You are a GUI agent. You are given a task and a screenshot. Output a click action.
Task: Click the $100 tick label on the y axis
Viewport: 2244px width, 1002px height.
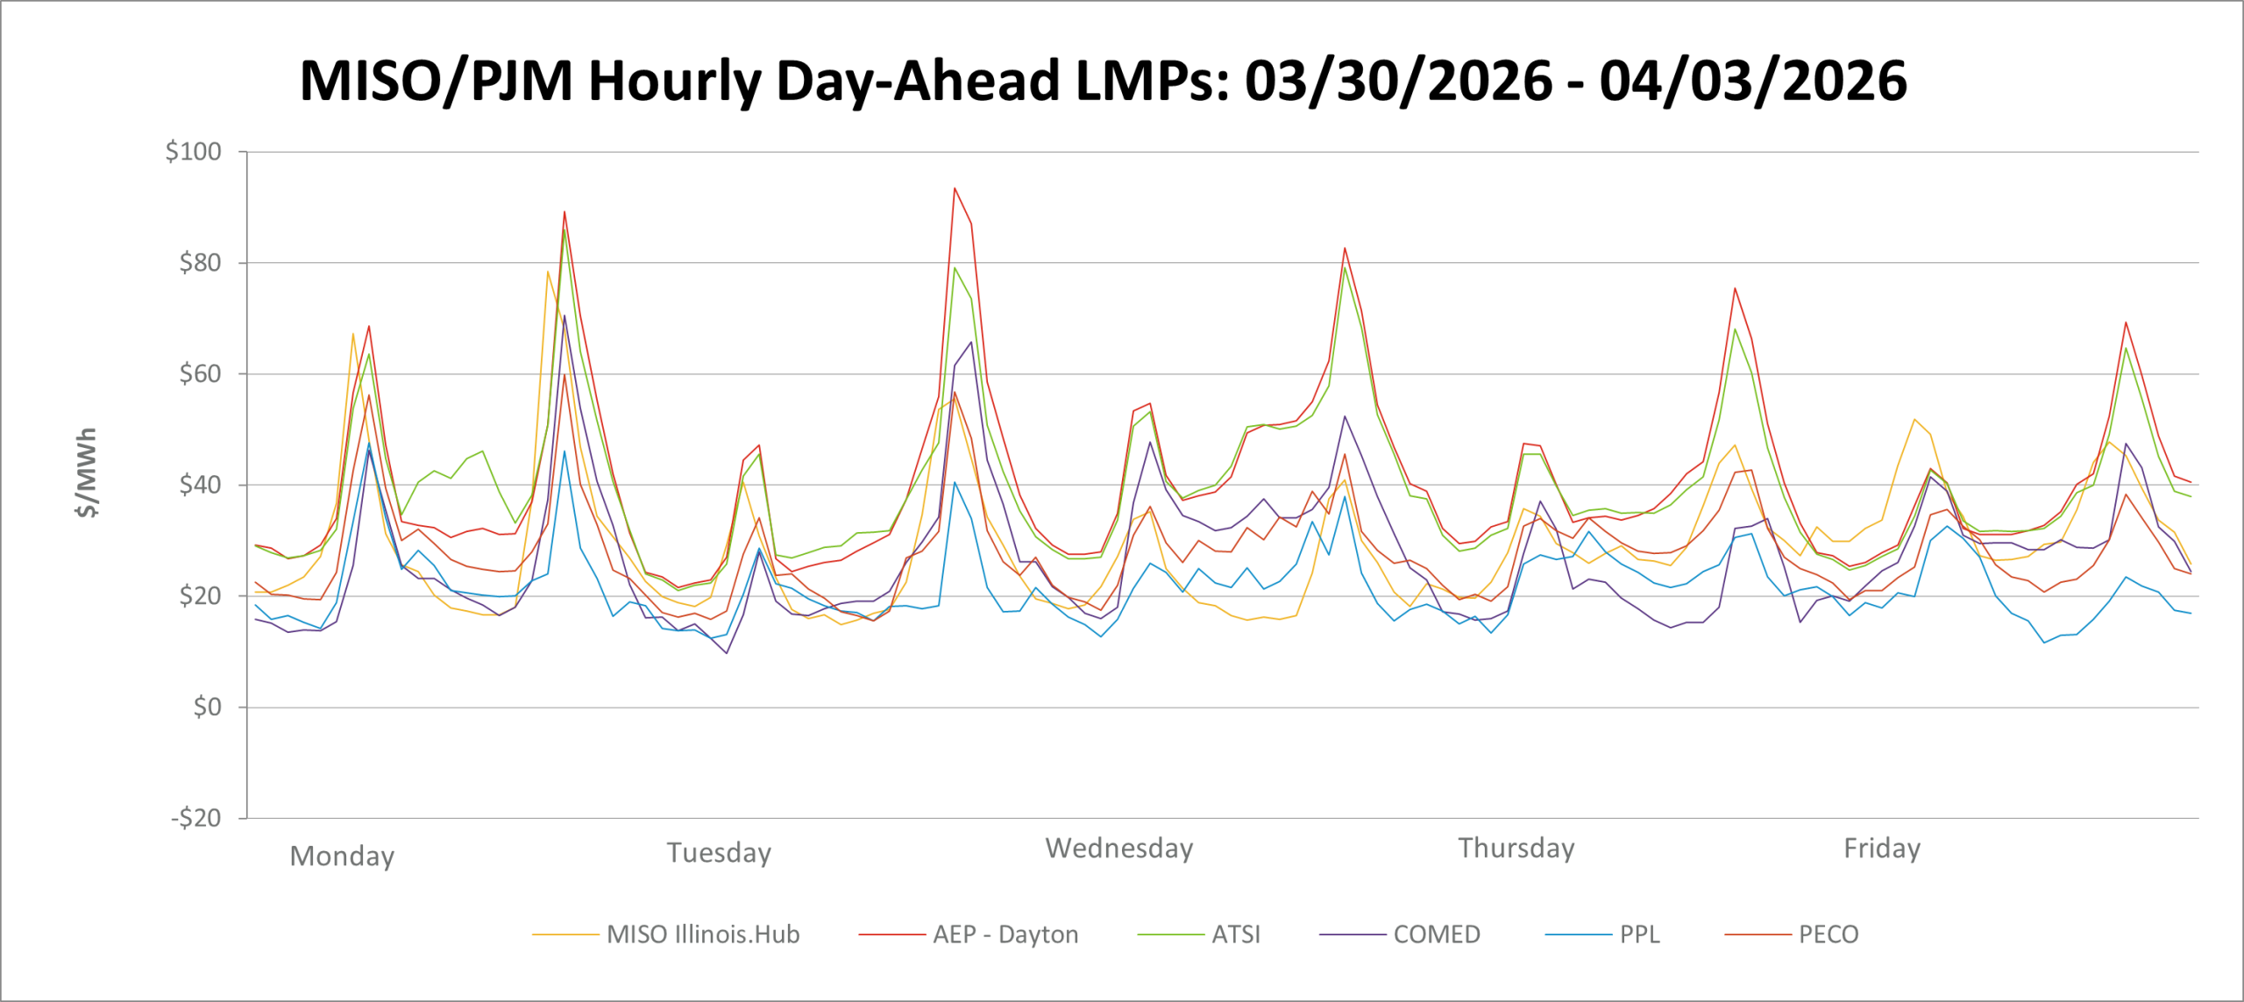point(193,152)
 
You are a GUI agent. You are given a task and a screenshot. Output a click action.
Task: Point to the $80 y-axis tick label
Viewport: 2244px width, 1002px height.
point(200,263)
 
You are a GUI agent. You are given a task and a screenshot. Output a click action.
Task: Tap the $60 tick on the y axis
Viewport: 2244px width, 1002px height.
point(200,374)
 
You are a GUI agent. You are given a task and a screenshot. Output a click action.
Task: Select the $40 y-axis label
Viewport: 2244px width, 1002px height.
point(200,485)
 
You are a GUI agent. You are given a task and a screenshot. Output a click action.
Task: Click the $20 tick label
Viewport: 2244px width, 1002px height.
point(200,596)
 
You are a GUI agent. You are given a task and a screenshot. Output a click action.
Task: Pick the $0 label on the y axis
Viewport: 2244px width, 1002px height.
point(207,707)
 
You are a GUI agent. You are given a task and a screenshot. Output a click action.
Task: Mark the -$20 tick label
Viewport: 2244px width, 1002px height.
point(195,818)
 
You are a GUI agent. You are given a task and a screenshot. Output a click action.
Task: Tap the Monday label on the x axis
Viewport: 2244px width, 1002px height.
point(342,856)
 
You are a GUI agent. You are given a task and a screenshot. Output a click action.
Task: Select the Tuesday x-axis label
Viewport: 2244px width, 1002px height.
point(719,852)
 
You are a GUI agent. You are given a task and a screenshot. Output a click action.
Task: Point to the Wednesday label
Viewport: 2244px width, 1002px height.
point(1118,849)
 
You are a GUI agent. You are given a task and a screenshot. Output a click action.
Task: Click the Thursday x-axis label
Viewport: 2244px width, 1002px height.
point(1516,849)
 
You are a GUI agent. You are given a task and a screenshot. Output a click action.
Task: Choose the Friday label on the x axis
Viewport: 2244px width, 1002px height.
point(1882,849)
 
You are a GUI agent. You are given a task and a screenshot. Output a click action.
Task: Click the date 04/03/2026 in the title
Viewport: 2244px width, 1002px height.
point(1752,81)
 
